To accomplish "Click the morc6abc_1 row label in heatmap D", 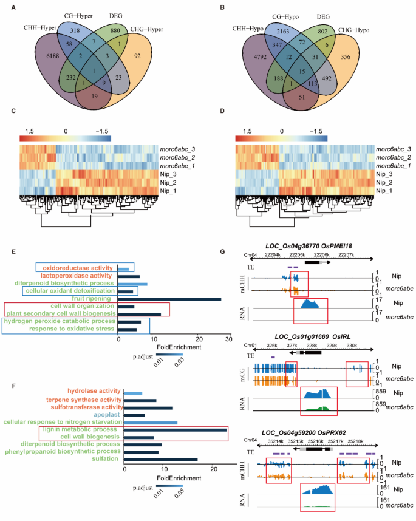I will point(392,165).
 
